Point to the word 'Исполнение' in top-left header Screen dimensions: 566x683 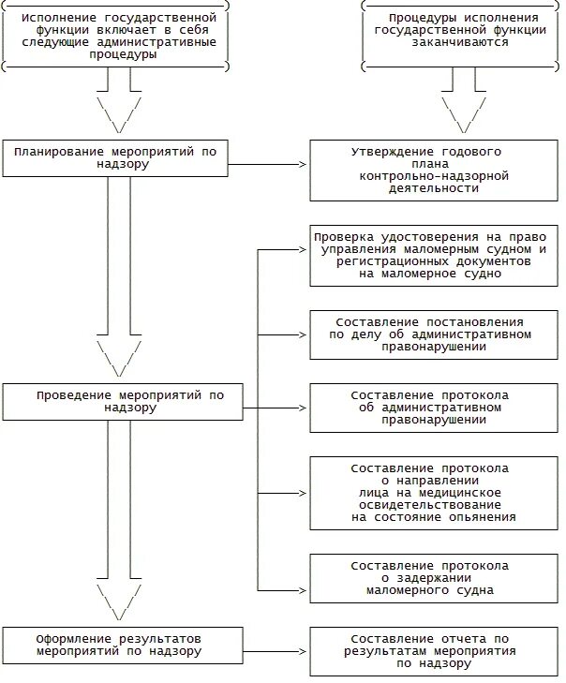tap(59, 18)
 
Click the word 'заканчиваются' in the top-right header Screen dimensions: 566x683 tap(460, 42)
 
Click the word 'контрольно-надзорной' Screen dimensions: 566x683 tap(434, 176)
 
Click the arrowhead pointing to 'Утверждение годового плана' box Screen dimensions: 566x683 tap(304, 164)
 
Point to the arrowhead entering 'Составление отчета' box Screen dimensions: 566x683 tap(304, 652)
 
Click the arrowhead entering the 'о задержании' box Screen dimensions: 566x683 tap(304, 590)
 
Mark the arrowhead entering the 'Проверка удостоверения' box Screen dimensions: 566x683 tap(304, 249)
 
